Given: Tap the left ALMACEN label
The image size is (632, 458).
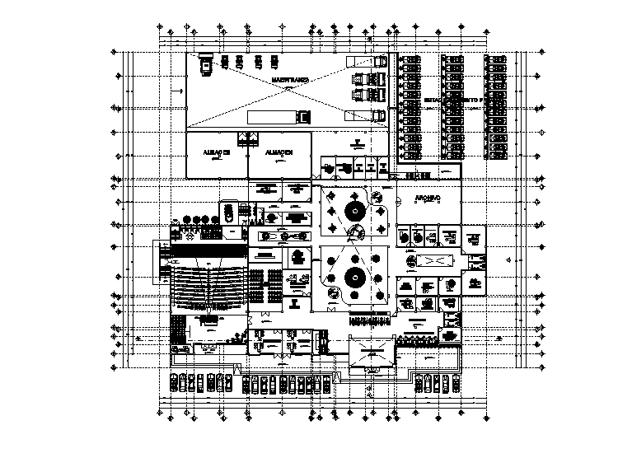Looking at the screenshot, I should pos(216,153).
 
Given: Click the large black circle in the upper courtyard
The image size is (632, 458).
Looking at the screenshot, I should pos(355,212).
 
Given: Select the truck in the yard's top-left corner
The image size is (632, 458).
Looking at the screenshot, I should pos(204,63).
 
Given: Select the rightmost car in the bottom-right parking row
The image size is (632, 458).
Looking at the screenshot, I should pos(455,383).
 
